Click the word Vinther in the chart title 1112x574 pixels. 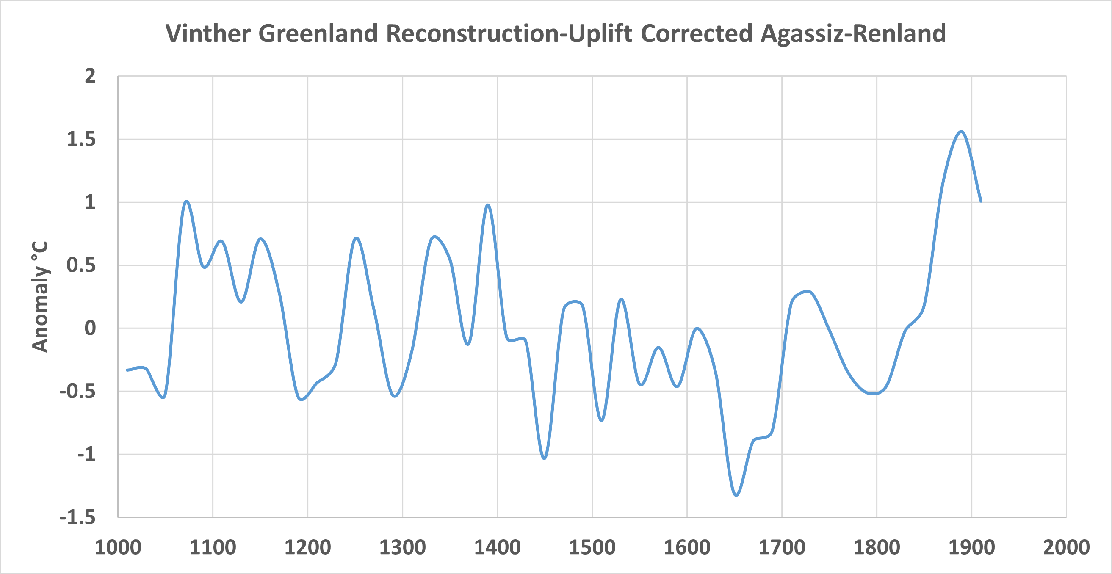point(207,34)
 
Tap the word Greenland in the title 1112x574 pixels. point(318,34)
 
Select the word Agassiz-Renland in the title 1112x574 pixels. point(853,34)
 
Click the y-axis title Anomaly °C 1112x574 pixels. point(40,296)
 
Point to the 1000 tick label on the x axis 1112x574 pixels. point(118,548)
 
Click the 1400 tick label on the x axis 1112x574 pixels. point(497,548)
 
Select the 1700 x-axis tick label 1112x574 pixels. point(782,548)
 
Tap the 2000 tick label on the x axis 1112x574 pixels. point(1066,548)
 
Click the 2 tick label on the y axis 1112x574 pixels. point(90,76)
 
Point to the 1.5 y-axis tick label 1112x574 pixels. point(81,139)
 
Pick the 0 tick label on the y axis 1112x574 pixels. point(90,328)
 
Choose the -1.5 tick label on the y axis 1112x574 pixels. point(77,517)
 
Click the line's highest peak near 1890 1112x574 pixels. point(961,132)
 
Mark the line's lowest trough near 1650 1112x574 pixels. point(736,495)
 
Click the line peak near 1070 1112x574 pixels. point(186,201)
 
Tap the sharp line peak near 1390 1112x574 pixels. point(488,205)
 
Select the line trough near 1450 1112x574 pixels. point(544,458)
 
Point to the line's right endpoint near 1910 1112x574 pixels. point(981,201)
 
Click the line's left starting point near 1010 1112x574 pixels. point(127,370)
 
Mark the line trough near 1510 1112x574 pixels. point(602,420)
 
